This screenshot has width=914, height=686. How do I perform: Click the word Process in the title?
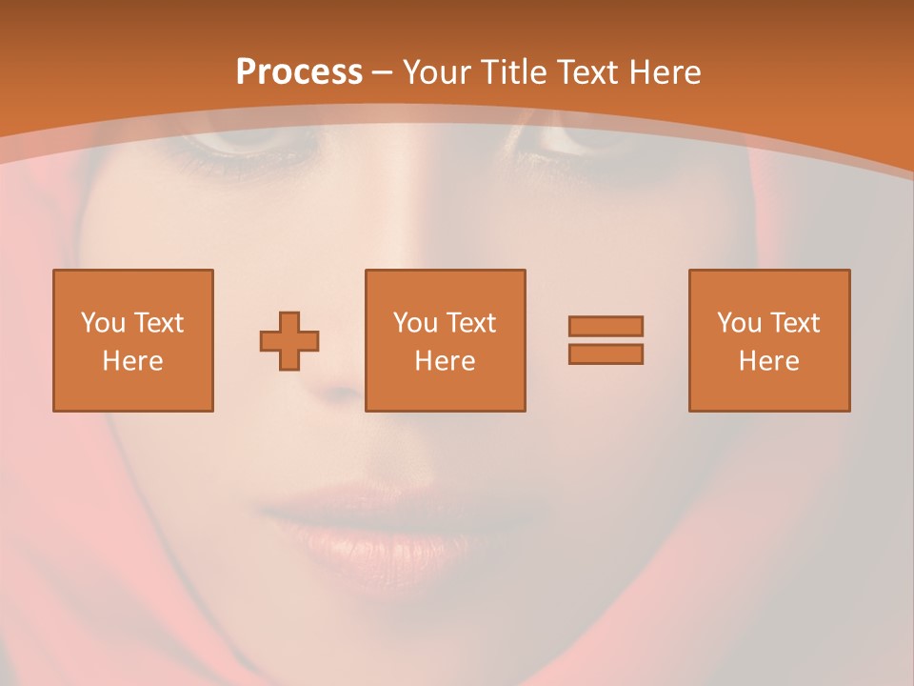coord(299,71)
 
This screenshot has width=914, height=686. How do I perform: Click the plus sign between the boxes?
coord(289,340)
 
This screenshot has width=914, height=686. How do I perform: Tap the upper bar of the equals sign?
coord(606,326)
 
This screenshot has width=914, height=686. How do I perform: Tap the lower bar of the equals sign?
coord(606,353)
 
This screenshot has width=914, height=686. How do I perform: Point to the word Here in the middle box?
coord(445,361)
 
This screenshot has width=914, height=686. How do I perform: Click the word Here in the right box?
coord(769,361)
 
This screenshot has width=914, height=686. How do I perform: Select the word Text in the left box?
coord(158,323)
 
